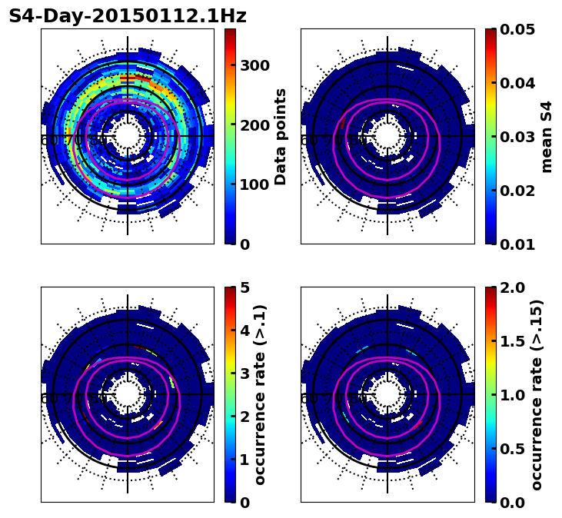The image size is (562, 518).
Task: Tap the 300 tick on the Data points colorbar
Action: point(254,65)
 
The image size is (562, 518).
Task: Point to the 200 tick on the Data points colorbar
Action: point(254,125)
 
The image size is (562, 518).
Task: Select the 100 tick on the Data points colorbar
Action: point(254,185)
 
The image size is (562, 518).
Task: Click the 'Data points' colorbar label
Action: point(281,136)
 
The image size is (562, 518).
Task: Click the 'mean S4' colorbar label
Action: point(547,136)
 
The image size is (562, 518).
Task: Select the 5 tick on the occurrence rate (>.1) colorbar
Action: point(244,287)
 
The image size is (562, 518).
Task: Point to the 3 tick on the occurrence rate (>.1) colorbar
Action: point(244,374)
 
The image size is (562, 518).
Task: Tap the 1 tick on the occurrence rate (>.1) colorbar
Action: point(244,460)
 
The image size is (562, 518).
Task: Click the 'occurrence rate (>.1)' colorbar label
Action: point(260,394)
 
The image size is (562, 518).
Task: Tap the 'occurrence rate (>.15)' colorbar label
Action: point(537,394)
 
